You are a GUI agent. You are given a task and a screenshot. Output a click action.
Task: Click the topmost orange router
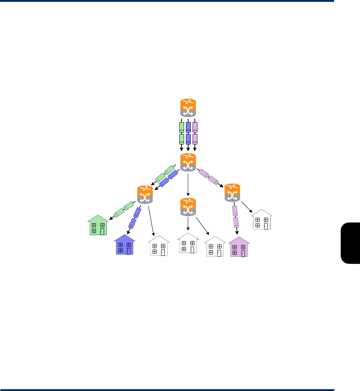188,108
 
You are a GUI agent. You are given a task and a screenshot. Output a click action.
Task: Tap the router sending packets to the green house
145,194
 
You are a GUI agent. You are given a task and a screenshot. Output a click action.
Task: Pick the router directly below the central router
188,207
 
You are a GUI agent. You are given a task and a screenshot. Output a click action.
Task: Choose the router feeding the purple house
232,193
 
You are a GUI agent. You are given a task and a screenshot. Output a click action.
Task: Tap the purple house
239,247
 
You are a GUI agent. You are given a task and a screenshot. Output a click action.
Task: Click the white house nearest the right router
262,220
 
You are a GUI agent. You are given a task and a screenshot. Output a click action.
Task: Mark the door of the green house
103,230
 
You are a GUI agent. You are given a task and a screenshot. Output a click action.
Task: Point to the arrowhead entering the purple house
237,234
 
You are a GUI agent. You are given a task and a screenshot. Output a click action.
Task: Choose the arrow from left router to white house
151,220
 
